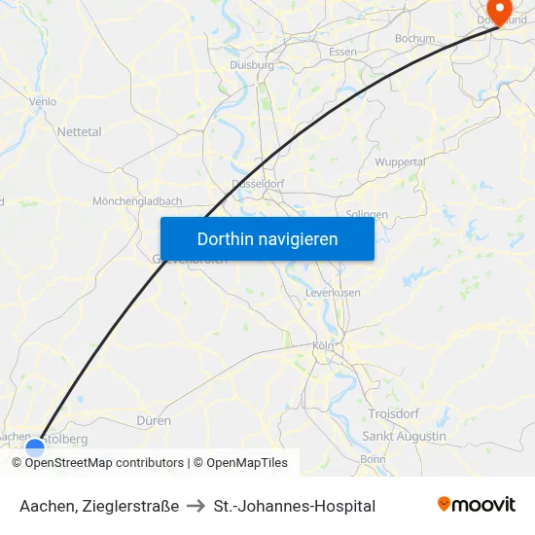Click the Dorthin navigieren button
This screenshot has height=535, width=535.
click(267, 238)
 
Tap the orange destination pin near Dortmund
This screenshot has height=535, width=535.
click(501, 12)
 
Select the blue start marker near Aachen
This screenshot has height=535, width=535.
click(35, 447)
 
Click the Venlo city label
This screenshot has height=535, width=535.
click(43, 100)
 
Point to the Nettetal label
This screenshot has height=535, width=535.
click(79, 131)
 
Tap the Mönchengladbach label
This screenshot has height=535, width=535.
click(137, 201)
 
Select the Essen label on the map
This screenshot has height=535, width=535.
click(342, 52)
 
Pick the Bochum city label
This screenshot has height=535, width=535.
click(414, 39)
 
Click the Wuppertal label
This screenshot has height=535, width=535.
click(400, 161)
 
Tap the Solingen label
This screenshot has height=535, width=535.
click(367, 214)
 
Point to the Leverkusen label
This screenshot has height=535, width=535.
click(333, 292)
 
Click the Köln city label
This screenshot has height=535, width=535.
click(323, 346)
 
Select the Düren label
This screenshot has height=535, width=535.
click(155, 421)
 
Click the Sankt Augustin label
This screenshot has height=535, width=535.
click(404, 436)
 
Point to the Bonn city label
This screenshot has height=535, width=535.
click(373, 458)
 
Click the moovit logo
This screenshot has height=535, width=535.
click(476, 505)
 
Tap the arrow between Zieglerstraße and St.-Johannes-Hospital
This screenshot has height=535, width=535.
click(196, 506)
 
